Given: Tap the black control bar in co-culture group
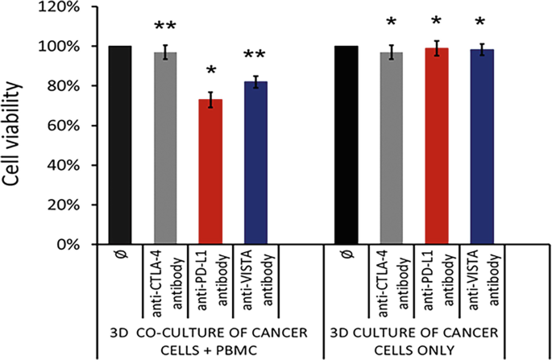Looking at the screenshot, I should click(x=119, y=145).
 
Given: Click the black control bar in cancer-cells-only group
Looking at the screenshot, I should click(x=346, y=145).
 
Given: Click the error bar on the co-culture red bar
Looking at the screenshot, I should click(x=211, y=100).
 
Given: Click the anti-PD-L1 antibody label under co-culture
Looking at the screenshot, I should click(x=211, y=283).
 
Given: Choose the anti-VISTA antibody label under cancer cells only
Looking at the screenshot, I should click(x=482, y=283).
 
